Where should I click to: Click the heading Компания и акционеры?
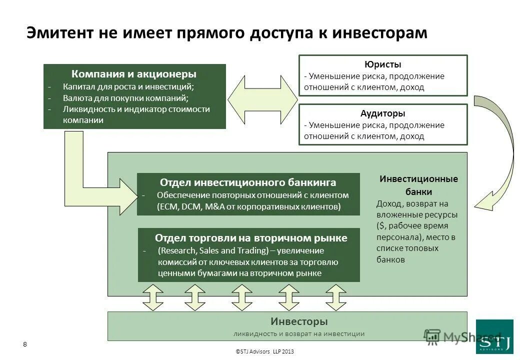pyautogui.click(x=134, y=74)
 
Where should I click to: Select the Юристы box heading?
pyautogui.click(x=383, y=64)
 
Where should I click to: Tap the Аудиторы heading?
pyautogui.click(x=383, y=113)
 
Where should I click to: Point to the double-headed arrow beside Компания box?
pyautogui.click(x=262, y=97)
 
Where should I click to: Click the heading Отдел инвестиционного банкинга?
pyautogui.click(x=248, y=182)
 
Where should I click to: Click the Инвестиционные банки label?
pyautogui.click(x=418, y=185)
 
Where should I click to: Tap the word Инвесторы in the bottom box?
pyautogui.click(x=299, y=321)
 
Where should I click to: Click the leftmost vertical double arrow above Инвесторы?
pyautogui.click(x=153, y=297)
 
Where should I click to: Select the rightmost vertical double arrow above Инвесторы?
pyautogui.click(x=336, y=297)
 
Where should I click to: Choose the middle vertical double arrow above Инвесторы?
pyautogui.click(x=242, y=297)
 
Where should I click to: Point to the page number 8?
pyautogui.click(x=25, y=343)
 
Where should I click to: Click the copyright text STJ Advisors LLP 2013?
pyautogui.click(x=264, y=351)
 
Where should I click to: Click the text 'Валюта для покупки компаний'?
pyautogui.click(x=125, y=98)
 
